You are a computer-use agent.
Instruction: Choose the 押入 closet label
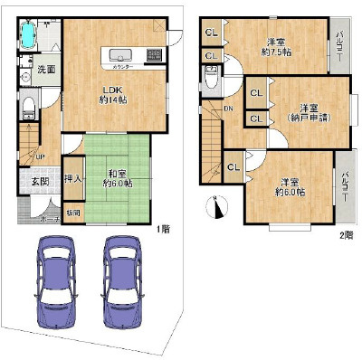click(x=75, y=180)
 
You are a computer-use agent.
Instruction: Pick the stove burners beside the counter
click(x=154, y=54)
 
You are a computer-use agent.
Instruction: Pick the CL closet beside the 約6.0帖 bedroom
click(x=233, y=166)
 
